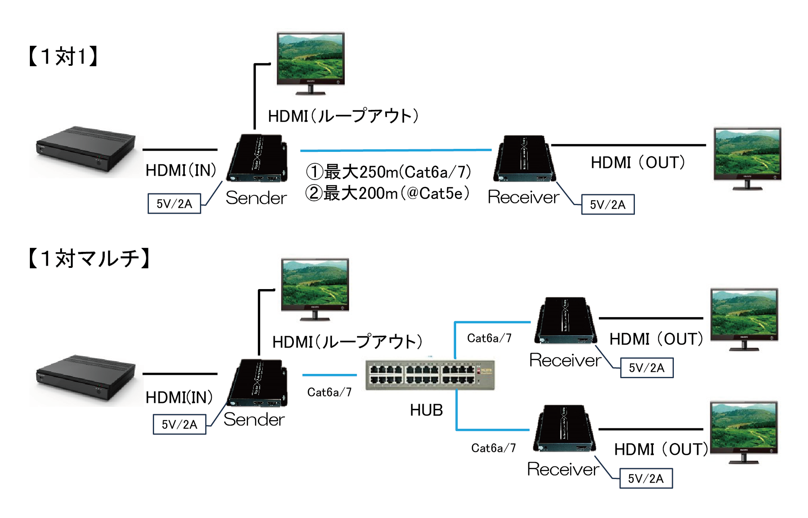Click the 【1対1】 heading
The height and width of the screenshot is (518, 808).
click(63, 56)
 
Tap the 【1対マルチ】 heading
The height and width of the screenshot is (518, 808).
click(89, 258)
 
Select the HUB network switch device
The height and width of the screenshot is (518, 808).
click(430, 375)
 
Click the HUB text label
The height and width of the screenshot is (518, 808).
click(426, 410)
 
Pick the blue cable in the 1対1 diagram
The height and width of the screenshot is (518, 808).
click(396, 150)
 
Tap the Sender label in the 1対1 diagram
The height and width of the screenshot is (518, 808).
click(256, 198)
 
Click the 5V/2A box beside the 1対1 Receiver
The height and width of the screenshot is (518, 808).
click(608, 205)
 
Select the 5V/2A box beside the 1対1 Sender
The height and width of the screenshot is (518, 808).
click(174, 203)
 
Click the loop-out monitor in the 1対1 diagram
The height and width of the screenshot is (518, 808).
click(311, 63)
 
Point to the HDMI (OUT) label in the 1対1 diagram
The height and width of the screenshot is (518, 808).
click(638, 163)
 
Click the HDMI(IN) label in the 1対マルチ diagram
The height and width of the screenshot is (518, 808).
click(179, 397)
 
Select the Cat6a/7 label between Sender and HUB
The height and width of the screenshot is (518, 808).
click(329, 392)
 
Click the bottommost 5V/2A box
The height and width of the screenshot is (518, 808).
click(646, 479)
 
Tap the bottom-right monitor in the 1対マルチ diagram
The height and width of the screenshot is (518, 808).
click(744, 432)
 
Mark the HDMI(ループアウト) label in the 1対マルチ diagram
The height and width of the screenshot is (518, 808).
click(347, 342)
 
